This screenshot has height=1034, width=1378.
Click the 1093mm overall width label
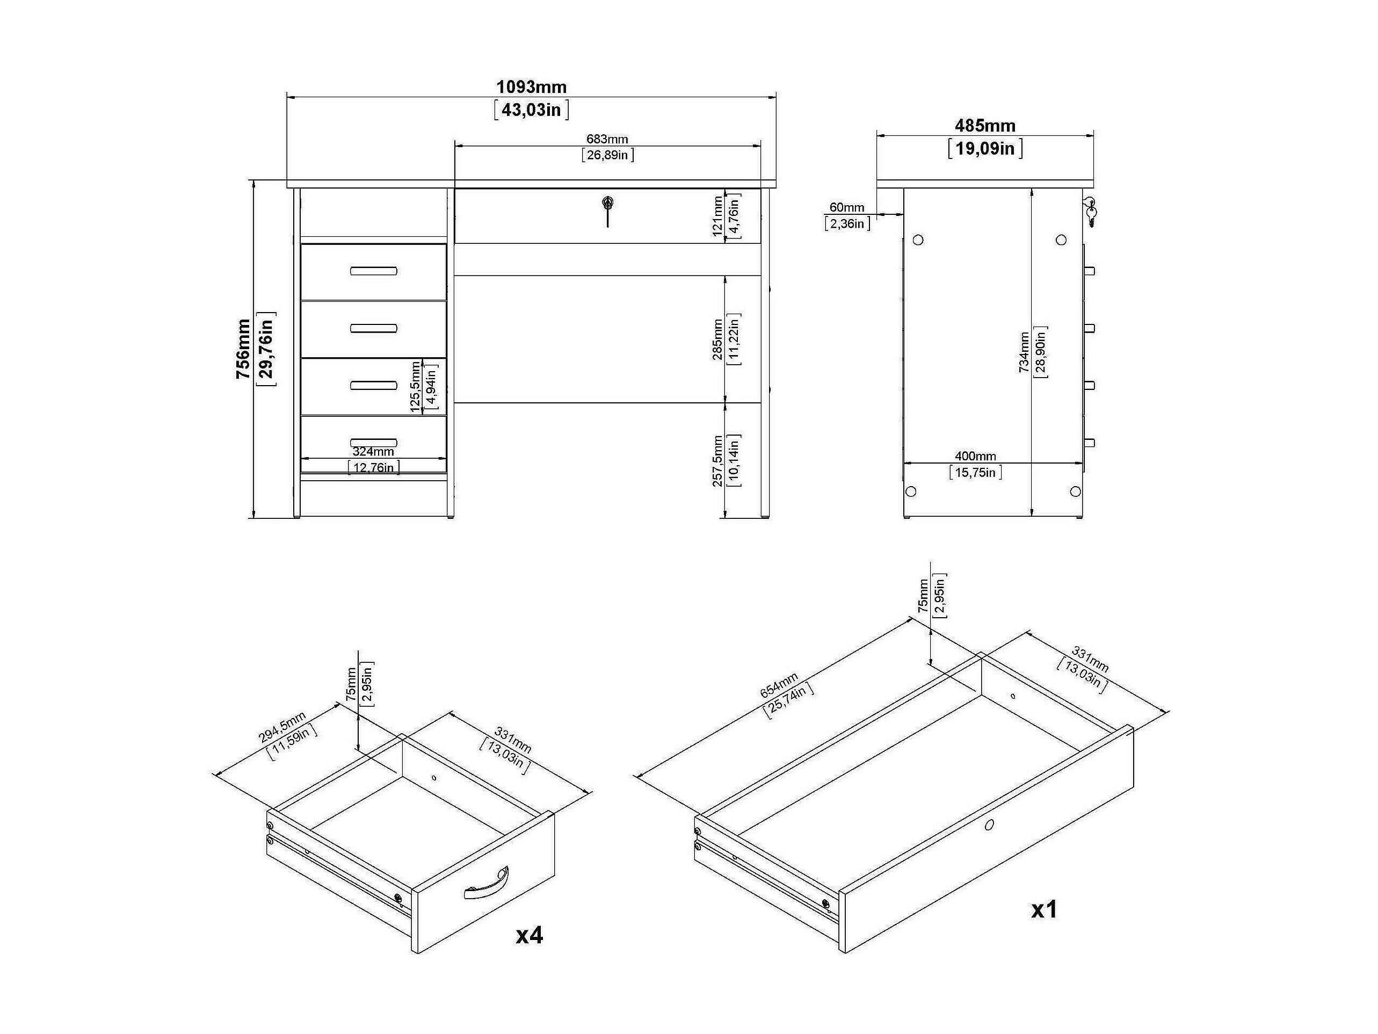(532, 86)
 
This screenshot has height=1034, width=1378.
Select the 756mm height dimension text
(243, 349)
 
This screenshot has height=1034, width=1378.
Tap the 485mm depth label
(985, 126)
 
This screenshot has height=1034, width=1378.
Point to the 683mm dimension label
(607, 139)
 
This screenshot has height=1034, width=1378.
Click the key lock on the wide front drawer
(607, 210)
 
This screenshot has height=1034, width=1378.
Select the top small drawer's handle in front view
(373, 271)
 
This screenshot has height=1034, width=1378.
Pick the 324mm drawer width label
(373, 451)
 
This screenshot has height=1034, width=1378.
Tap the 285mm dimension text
(717, 339)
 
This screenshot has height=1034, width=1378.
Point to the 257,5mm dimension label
(717, 461)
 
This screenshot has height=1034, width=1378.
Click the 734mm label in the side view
(1024, 352)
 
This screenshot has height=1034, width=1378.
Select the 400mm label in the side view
(976, 456)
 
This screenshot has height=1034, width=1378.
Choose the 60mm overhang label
(846, 207)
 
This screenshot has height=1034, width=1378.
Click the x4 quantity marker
(530, 935)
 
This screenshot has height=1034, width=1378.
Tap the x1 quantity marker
(1044, 910)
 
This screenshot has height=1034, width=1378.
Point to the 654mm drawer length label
(779, 685)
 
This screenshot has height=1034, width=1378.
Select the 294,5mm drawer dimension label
(282, 727)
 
